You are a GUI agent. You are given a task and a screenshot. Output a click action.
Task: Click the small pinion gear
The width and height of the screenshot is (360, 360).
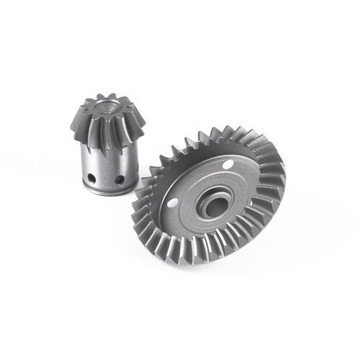106,144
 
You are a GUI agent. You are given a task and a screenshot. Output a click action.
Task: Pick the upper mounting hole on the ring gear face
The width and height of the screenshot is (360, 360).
229,165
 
